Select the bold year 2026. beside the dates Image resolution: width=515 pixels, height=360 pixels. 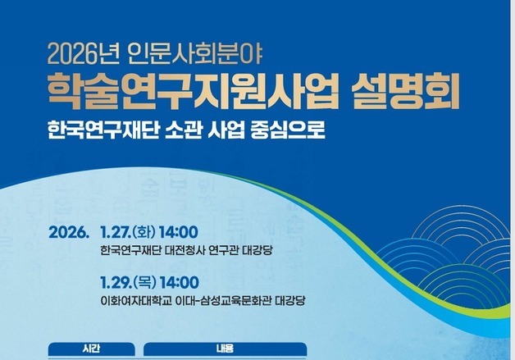pyautogui.click(x=68, y=232)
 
